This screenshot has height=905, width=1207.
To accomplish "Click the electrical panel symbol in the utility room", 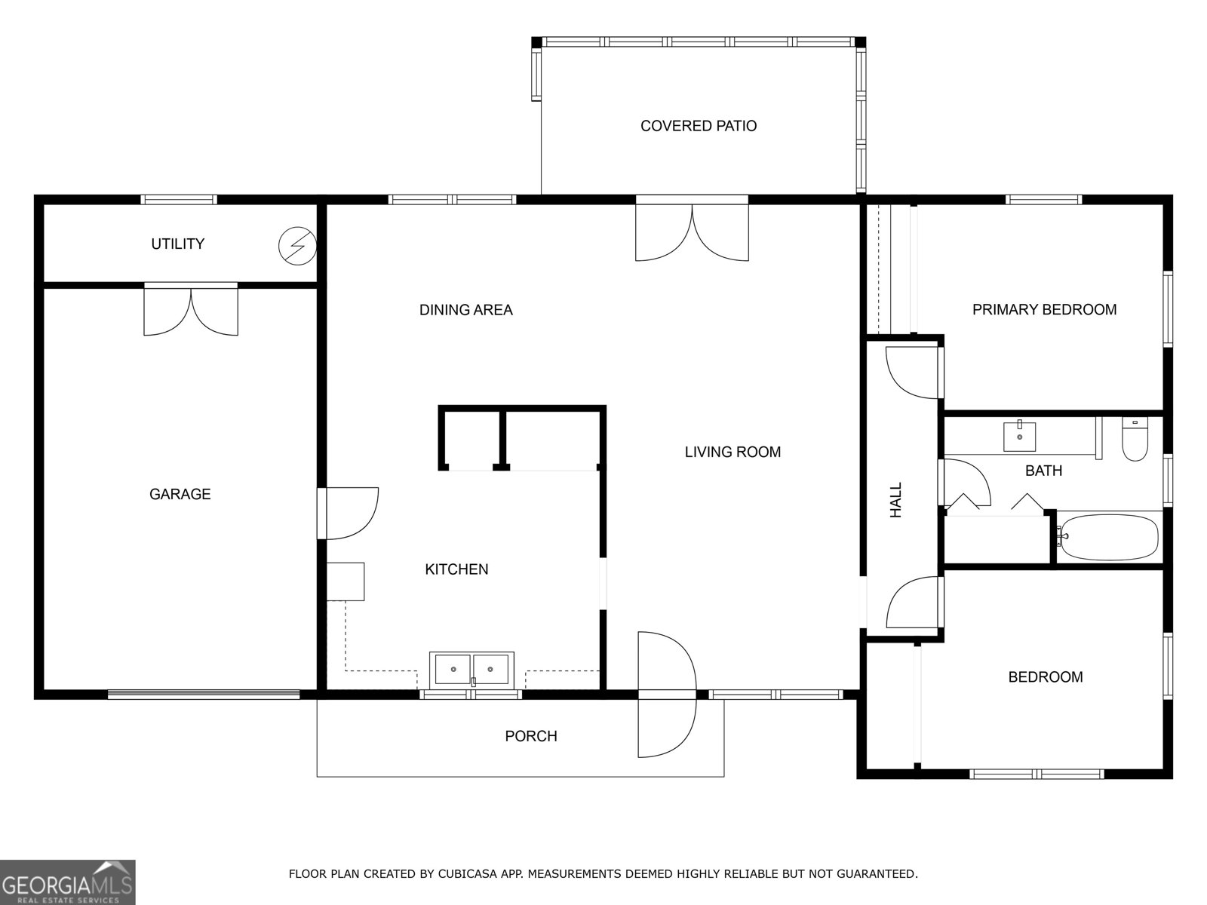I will tap(297, 246).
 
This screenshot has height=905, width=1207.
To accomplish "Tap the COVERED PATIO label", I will tap(698, 126).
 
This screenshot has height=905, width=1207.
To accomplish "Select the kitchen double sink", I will tap(471, 670).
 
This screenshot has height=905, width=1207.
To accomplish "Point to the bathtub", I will tap(1108, 537).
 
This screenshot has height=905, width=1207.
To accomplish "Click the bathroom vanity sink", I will tap(1019, 437).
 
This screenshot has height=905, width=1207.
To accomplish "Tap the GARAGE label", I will tap(180, 494).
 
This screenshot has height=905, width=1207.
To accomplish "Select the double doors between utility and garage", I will tap(191, 310).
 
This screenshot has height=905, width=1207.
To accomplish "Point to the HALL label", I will tap(896, 500).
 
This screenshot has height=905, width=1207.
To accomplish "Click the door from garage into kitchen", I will tap(349, 513).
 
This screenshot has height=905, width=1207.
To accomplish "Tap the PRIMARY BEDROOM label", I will tap(1044, 309).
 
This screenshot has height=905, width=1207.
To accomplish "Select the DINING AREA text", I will tap(465, 309).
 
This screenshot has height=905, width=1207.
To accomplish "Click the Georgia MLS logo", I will tap(67, 882).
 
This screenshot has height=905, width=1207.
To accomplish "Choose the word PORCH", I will tap(530, 736).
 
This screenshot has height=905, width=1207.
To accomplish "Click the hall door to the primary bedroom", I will tap(913, 372).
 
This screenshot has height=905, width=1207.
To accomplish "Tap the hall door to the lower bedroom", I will tap(913, 603).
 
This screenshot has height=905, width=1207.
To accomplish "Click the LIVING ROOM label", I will tap(732, 452).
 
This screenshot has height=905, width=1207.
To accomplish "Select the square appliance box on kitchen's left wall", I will tap(346, 581).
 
